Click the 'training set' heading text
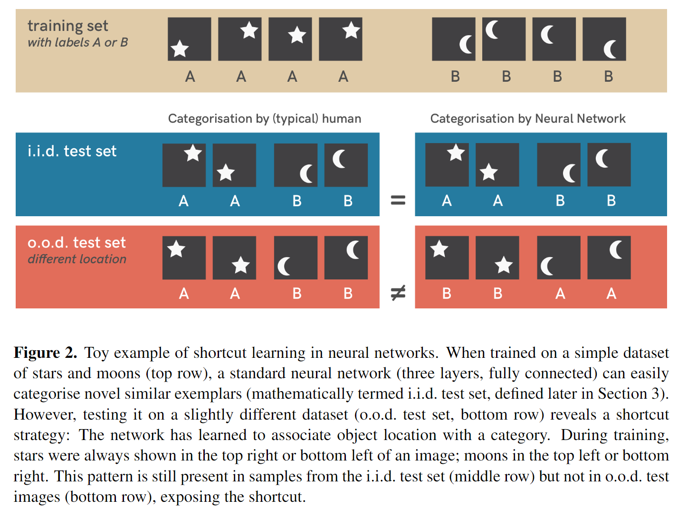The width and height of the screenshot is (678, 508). point(67,26)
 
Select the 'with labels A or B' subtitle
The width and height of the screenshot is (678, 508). point(77,43)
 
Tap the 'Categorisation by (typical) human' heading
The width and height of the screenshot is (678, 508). point(264,118)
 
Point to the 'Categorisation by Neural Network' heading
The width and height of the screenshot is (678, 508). point(527,118)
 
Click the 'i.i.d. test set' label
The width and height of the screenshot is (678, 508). point(72,151)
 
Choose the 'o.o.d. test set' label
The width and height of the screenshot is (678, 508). point(76,242)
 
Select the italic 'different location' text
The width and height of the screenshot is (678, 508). point(77,259)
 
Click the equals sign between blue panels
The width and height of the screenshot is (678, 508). point(398,201)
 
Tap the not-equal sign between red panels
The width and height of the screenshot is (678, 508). point(398,293)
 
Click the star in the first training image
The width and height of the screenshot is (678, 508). point(180,48)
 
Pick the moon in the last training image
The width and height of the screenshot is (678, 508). point(610,49)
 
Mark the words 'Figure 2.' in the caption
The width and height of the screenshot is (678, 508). point(45,353)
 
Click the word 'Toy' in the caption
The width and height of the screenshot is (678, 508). point(96,353)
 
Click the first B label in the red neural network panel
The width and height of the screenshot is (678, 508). point(447,294)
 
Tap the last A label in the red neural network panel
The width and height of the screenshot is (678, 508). point(611,294)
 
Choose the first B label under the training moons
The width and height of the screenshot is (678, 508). point(455,77)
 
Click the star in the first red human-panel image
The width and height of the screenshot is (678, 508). point(176,249)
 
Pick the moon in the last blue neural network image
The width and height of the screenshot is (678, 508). point(602,159)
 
